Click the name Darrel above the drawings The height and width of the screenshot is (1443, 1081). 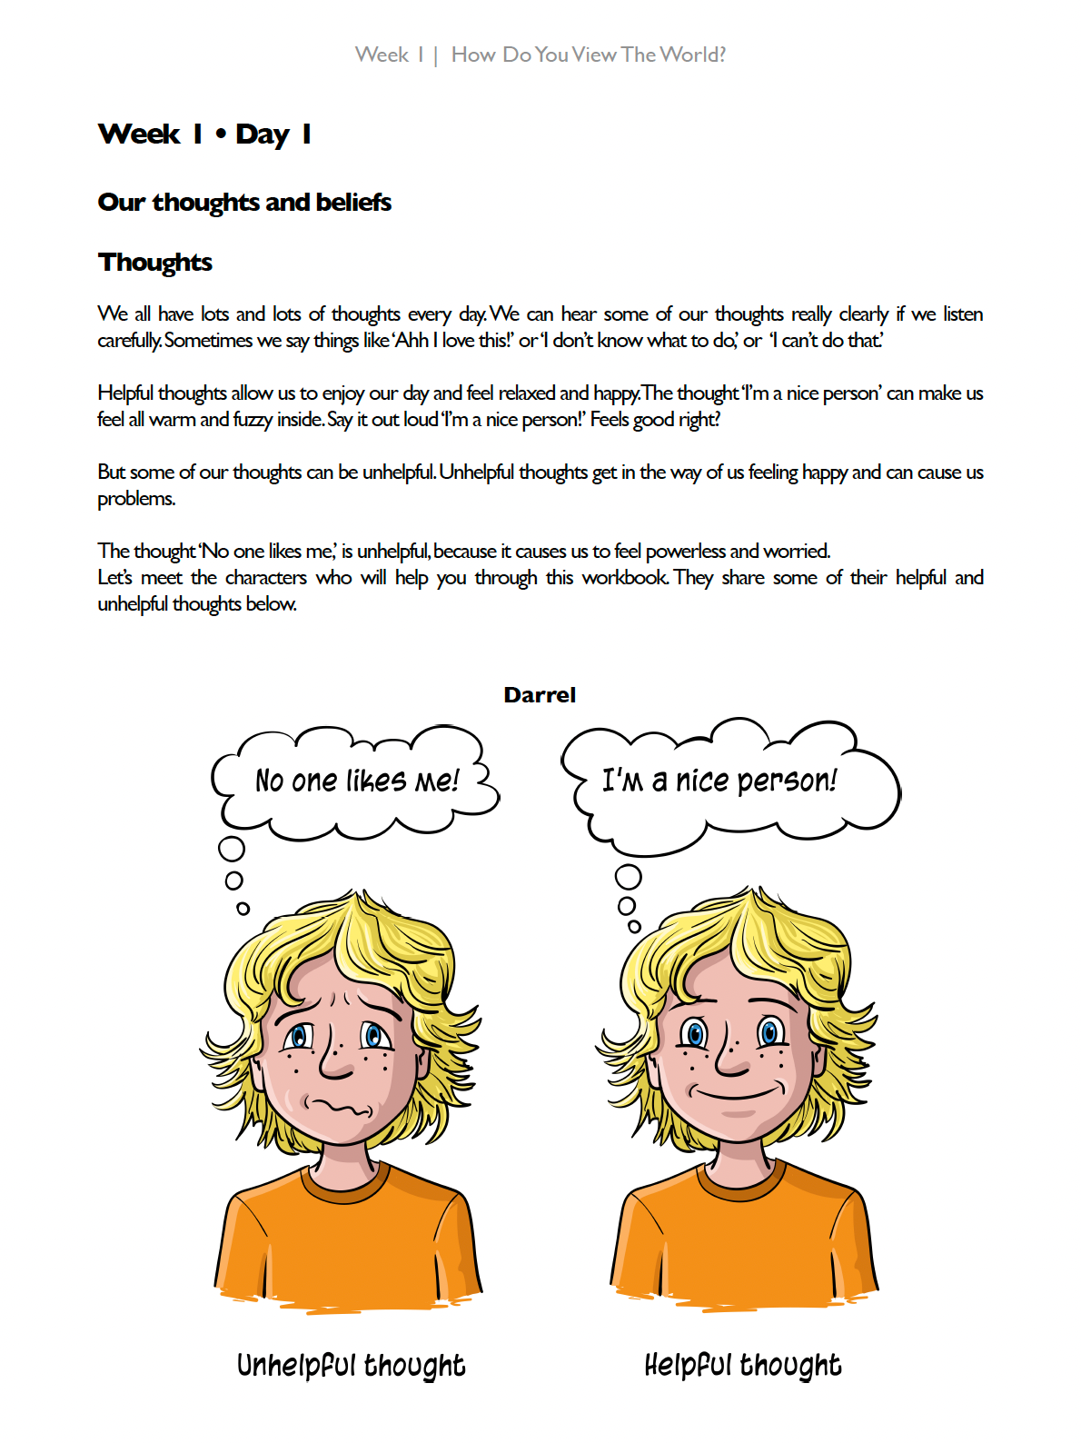(x=540, y=695)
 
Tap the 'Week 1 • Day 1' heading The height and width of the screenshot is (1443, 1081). (x=204, y=134)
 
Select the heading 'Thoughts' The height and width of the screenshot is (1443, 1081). (x=155, y=263)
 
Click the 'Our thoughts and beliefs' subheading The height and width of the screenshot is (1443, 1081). (x=244, y=202)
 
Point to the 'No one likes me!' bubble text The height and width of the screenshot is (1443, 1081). (x=357, y=781)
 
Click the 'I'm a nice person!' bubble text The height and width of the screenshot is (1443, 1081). (x=719, y=781)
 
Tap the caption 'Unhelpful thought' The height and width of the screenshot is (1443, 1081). (x=351, y=1365)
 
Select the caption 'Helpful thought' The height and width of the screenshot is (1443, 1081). (x=743, y=1365)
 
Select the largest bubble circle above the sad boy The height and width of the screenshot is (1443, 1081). (x=232, y=849)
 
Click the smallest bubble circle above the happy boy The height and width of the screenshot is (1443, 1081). (x=634, y=927)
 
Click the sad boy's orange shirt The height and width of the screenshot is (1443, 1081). (x=350, y=1245)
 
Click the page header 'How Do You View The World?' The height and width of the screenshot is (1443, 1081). (x=589, y=55)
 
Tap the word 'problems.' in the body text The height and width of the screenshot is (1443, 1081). (x=136, y=499)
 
